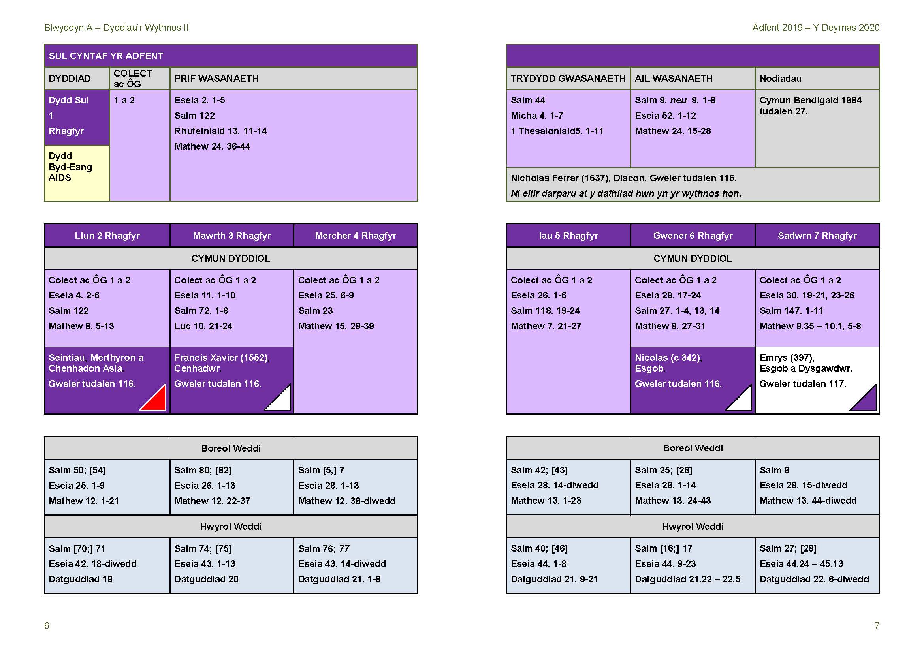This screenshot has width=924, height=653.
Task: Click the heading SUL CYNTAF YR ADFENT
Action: coord(106,56)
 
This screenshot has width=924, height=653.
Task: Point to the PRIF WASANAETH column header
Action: coord(216,79)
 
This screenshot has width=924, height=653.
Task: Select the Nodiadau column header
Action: coord(780,79)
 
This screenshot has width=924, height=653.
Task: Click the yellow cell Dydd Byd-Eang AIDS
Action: coord(77,173)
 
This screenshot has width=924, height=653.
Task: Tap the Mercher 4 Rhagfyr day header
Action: coord(356,236)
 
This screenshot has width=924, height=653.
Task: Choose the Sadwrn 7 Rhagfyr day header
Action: coord(817,236)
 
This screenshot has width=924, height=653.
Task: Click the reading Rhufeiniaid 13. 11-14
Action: coord(220,131)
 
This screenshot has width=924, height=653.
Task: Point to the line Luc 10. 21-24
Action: coord(203,326)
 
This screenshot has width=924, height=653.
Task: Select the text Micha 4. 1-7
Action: coord(537,116)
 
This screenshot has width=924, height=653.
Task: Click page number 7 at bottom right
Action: coord(877,626)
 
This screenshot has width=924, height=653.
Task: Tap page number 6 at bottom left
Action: coord(47,626)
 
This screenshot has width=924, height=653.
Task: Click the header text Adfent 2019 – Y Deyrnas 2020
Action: coord(816,28)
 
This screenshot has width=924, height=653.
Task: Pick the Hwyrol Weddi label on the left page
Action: coord(231,527)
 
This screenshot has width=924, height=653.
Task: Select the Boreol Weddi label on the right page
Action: coord(693,448)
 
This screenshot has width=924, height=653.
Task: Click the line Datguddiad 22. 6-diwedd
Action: coord(814,579)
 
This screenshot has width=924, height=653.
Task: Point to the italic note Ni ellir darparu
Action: coord(626,193)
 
